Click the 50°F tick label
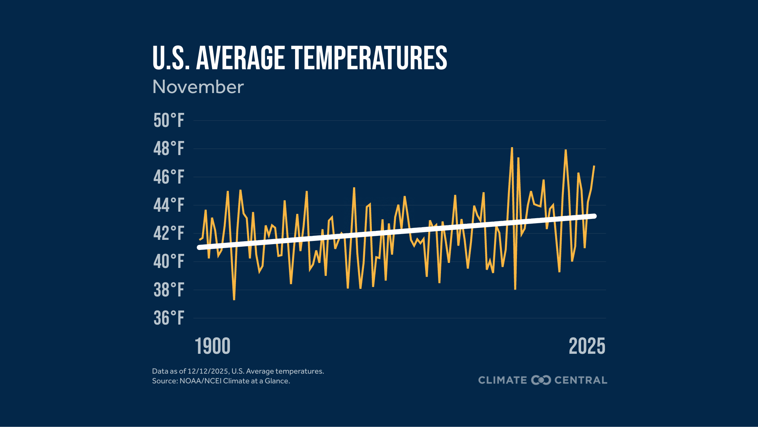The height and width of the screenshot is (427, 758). click(x=169, y=120)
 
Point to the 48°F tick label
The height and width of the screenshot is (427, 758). click(x=169, y=149)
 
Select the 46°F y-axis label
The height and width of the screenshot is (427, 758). click(x=169, y=177)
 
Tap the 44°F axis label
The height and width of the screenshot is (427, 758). click(x=169, y=205)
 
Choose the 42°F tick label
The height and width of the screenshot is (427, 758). click(x=169, y=233)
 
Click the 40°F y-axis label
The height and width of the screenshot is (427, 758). click(x=169, y=261)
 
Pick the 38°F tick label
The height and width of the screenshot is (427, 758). click(x=169, y=290)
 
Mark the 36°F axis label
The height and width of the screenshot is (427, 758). click(x=169, y=318)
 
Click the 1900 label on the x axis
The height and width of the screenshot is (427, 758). click(x=213, y=346)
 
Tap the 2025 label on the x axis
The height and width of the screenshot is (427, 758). click(x=587, y=346)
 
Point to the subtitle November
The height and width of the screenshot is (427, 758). click(x=198, y=87)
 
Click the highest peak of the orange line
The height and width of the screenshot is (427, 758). click(x=512, y=148)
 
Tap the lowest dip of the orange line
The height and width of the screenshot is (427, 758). click(x=234, y=299)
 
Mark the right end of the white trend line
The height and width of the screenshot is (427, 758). click(x=594, y=216)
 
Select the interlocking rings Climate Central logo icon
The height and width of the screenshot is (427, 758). click(x=541, y=380)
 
